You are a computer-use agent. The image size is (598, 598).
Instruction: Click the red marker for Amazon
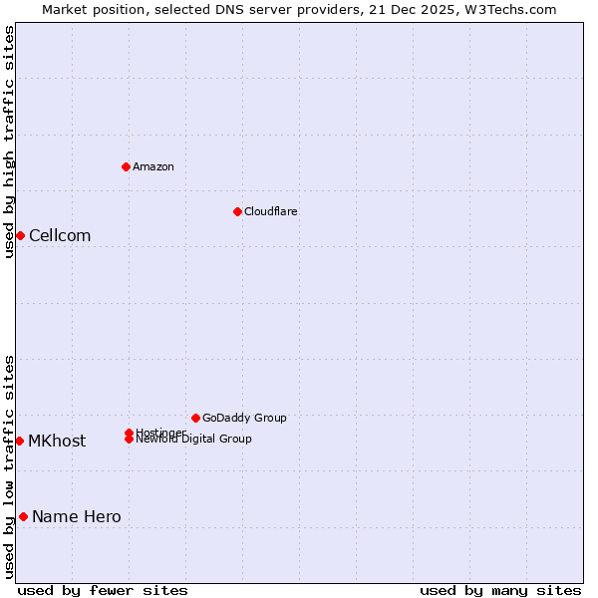click(x=126, y=166)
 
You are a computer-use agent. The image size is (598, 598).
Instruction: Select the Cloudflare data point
click(x=237, y=211)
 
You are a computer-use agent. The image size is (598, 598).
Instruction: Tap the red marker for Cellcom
click(x=20, y=235)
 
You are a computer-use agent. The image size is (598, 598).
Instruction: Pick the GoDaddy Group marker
click(x=195, y=418)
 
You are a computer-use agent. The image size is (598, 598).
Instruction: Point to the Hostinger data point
click(x=129, y=433)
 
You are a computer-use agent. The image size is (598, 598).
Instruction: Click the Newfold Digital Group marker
click(x=129, y=440)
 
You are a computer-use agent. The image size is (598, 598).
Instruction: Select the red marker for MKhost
click(x=19, y=441)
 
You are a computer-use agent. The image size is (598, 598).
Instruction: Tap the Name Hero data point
click(x=23, y=516)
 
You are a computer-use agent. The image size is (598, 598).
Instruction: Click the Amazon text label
click(x=153, y=166)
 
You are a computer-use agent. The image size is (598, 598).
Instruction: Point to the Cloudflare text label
click(x=271, y=211)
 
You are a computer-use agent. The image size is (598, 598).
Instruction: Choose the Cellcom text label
click(x=60, y=235)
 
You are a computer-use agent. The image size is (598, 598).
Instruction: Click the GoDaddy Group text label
click(x=244, y=418)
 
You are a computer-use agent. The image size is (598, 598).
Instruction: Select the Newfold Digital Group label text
click(x=193, y=440)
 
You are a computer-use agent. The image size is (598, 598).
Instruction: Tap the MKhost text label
click(x=57, y=441)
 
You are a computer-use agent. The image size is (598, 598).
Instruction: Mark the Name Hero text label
click(x=77, y=516)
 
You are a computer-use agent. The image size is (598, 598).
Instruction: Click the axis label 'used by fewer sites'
click(x=103, y=590)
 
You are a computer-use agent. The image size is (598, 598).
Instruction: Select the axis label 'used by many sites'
click(x=500, y=590)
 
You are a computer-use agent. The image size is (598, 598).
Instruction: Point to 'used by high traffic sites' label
click(x=9, y=142)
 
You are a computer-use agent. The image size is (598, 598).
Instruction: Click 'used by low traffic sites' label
click(x=9, y=466)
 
